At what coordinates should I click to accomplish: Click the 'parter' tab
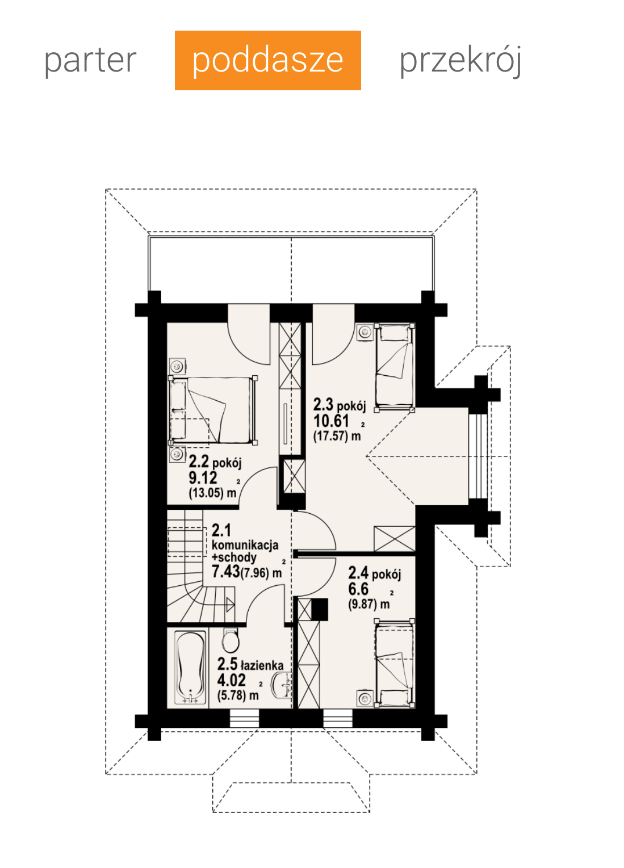click(90, 60)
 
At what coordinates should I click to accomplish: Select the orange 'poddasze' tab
click(268, 60)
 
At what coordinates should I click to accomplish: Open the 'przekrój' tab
click(460, 61)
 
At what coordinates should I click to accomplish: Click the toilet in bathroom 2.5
click(231, 641)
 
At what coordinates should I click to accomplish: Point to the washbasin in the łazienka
click(281, 686)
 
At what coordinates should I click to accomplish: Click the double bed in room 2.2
click(213, 410)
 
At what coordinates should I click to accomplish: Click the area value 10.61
click(332, 421)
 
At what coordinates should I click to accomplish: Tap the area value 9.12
click(203, 478)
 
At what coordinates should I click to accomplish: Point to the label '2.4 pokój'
click(374, 573)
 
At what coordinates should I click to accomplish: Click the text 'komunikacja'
click(245, 545)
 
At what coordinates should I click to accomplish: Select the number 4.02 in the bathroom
click(232, 680)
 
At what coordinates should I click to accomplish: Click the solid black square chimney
click(320, 610)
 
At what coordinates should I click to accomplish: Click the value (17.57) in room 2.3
click(330, 436)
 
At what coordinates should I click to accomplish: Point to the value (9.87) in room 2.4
click(362, 604)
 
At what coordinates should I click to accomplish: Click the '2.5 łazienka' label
click(250, 664)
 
